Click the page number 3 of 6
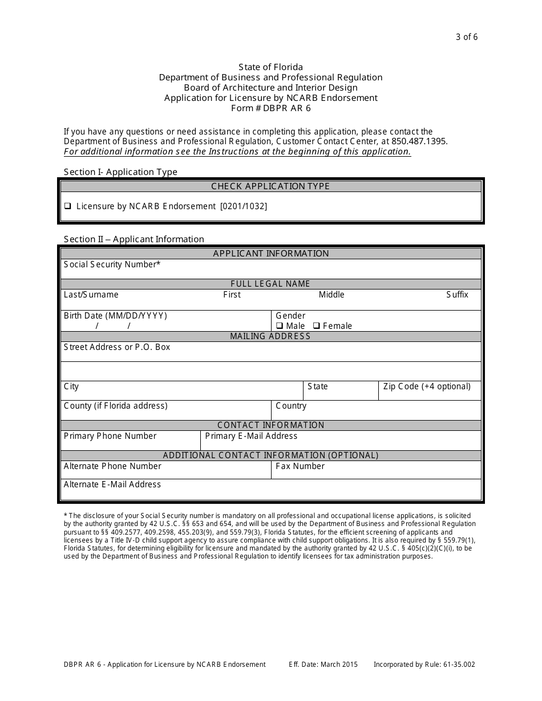(467, 37)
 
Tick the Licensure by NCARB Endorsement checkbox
(67, 206)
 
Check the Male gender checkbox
(280, 326)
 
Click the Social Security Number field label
(112, 264)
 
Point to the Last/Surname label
(91, 295)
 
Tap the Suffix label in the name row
(457, 295)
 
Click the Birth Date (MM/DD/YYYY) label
(115, 316)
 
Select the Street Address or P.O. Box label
(117, 347)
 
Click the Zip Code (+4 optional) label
(427, 386)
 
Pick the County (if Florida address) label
(116, 406)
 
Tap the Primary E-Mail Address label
(251, 436)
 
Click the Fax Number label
(300, 466)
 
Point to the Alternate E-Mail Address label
(112, 484)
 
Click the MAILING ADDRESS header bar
(270, 336)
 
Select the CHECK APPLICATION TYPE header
(270, 186)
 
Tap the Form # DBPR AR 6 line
(271, 108)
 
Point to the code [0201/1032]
(244, 206)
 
